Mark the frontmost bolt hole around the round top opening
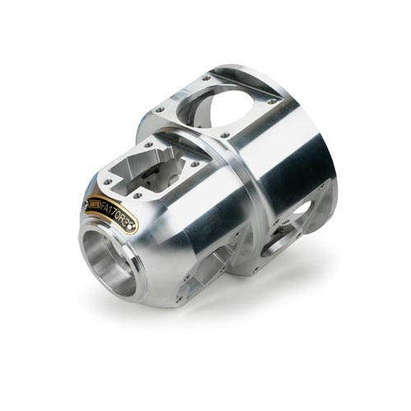[224, 132]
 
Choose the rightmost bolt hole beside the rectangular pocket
[196, 163]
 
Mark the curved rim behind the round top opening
[263, 69]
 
